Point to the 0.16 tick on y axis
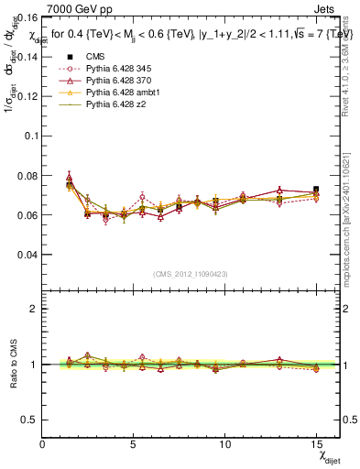point(28,16)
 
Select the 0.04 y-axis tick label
point(28,255)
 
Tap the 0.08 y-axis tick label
point(28,175)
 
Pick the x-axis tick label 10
point(224,444)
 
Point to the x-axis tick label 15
point(316,444)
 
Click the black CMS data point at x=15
point(316,190)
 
